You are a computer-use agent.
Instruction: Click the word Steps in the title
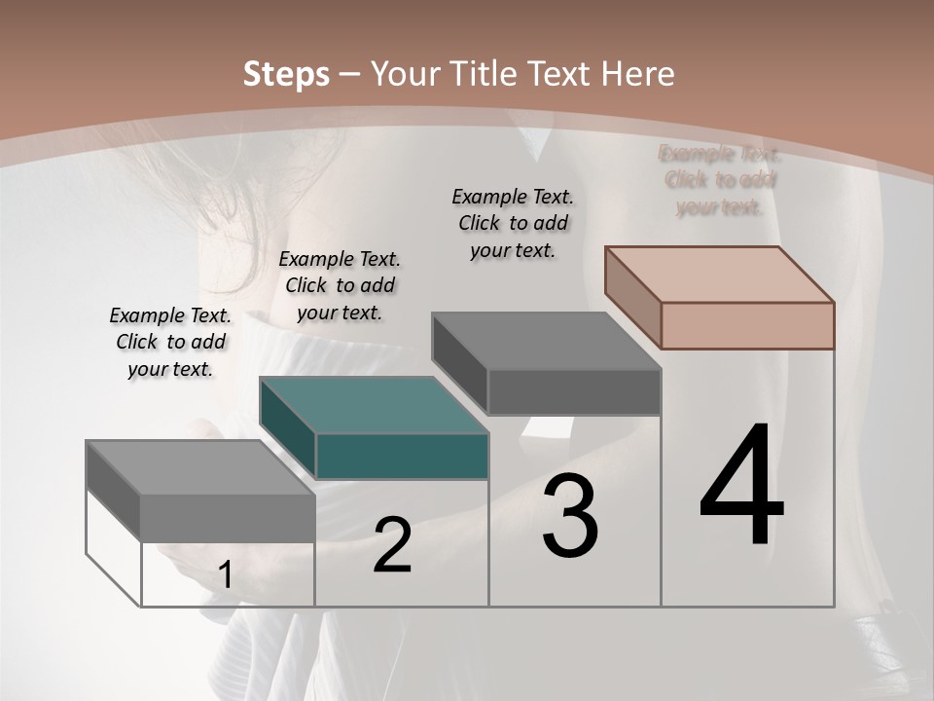[286, 74]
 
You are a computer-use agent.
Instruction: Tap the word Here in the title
[637, 74]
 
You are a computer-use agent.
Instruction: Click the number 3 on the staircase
[570, 516]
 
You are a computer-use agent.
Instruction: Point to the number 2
[392, 545]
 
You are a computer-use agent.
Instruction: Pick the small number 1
[225, 575]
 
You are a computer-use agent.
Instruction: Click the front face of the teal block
[402, 457]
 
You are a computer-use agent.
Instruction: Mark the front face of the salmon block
[747, 325]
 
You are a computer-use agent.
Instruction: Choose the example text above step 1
[170, 342]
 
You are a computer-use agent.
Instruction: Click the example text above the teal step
[340, 285]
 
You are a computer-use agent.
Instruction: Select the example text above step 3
[513, 223]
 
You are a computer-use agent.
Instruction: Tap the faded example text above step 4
[720, 180]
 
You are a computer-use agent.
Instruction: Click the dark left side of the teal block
[288, 428]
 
